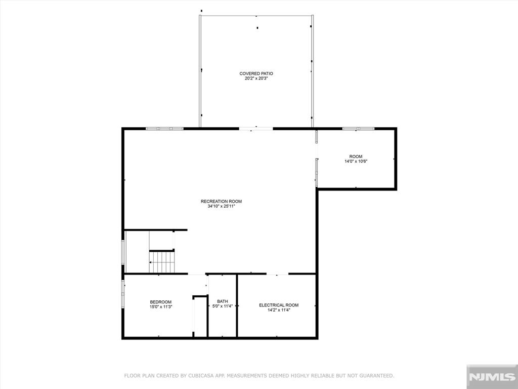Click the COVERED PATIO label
tap(256, 73)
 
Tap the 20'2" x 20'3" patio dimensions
tap(256, 79)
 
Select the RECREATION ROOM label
tap(221, 201)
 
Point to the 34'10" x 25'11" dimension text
tap(221, 206)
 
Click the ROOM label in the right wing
tap(356, 157)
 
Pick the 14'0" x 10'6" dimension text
tap(356, 162)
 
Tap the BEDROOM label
tap(160, 302)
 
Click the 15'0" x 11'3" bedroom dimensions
tap(160, 306)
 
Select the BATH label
tap(223, 301)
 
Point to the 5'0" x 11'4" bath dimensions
tap(223, 306)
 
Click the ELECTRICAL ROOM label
tap(279, 305)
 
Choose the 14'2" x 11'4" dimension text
tap(279, 310)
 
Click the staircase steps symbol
tap(161, 262)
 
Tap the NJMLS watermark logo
tap(492, 377)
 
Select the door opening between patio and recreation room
tap(256, 128)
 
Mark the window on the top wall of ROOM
tap(358, 128)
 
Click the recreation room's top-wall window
tap(164, 128)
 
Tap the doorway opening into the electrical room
tap(278, 274)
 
